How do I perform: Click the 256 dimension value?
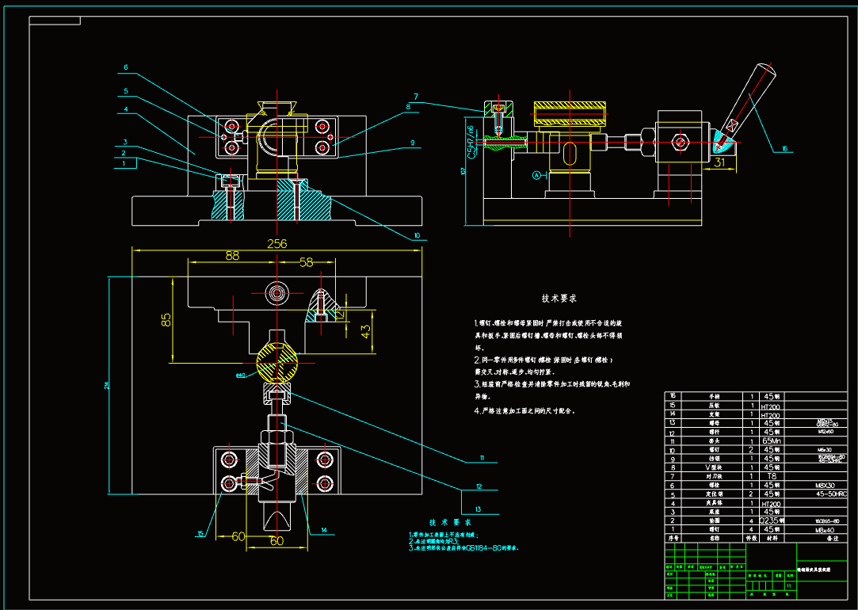[276, 243]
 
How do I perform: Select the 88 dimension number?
[232, 256]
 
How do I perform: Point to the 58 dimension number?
[306, 261]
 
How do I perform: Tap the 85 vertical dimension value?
[166, 320]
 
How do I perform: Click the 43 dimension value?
[366, 331]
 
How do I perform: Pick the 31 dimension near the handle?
[719, 162]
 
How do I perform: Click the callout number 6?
[125, 67]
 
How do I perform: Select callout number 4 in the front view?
[125, 109]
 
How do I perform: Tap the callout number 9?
[412, 143]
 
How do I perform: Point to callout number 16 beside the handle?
[784, 148]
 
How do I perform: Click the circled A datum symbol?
[536, 174]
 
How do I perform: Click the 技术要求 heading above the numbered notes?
[559, 299]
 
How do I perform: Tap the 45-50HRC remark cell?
[829, 494]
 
